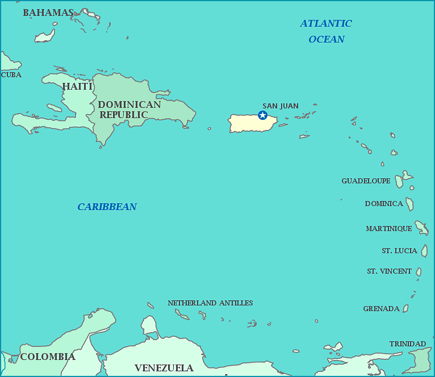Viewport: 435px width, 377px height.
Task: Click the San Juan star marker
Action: pyautogui.click(x=262, y=115)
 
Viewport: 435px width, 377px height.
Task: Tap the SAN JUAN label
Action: pyautogui.click(x=280, y=106)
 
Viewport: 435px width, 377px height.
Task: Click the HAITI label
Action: pyautogui.click(x=77, y=86)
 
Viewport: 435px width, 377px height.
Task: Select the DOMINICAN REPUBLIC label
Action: pyautogui.click(x=129, y=110)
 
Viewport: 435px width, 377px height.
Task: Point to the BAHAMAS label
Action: pyautogui.click(x=48, y=12)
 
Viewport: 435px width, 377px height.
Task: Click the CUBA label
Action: pyautogui.click(x=11, y=75)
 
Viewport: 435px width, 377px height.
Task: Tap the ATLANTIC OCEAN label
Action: pyautogui.click(x=326, y=31)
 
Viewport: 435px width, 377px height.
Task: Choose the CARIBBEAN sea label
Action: pyautogui.click(x=107, y=207)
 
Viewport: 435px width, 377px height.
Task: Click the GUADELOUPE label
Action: pyautogui.click(x=366, y=181)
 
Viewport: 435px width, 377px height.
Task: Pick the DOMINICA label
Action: pyautogui.click(x=384, y=204)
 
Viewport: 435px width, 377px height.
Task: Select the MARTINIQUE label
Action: pyautogui.click(x=389, y=229)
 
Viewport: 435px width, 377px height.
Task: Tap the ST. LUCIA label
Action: pyautogui.click(x=399, y=251)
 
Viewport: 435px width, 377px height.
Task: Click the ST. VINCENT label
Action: pyautogui.click(x=389, y=271)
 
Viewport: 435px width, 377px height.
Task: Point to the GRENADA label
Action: pyautogui.click(x=381, y=309)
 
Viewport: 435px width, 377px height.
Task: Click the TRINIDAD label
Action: pyautogui.click(x=407, y=344)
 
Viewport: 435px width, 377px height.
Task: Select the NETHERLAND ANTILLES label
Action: pyautogui.click(x=210, y=303)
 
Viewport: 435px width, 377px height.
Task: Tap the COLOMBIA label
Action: pyautogui.click(x=48, y=357)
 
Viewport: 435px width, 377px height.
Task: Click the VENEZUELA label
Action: pyautogui.click(x=164, y=368)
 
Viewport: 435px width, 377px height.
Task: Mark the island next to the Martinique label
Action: pyautogui.click(x=421, y=228)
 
